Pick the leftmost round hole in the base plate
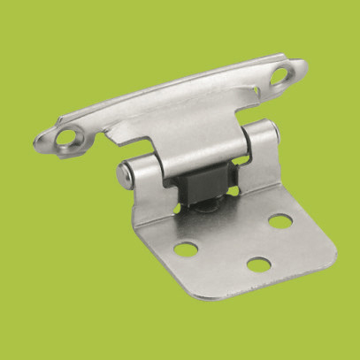[x=186, y=249]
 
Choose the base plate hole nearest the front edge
[x=257, y=264]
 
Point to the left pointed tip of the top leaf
[x=37, y=141]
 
